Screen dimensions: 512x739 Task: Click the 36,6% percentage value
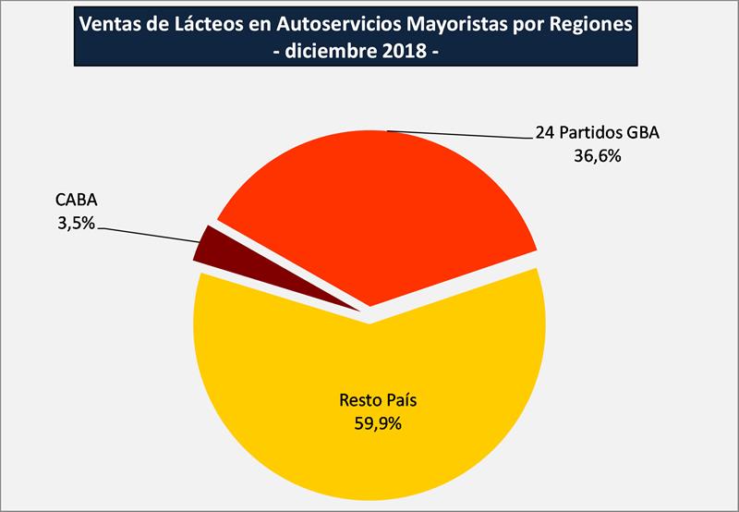(596, 156)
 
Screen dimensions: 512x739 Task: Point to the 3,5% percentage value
(75, 222)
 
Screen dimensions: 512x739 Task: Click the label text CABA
(76, 201)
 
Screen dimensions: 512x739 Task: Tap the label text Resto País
(372, 403)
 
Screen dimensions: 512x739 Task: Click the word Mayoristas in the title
(454, 24)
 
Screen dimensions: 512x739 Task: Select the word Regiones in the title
(589, 24)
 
